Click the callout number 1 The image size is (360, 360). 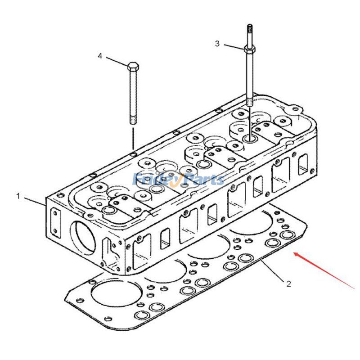(18, 196)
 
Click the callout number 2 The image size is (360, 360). (288, 283)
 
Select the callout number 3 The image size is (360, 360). (217, 44)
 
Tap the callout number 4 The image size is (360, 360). (100, 56)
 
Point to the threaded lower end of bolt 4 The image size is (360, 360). (133, 120)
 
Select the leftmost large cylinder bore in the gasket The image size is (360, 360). (109, 294)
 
